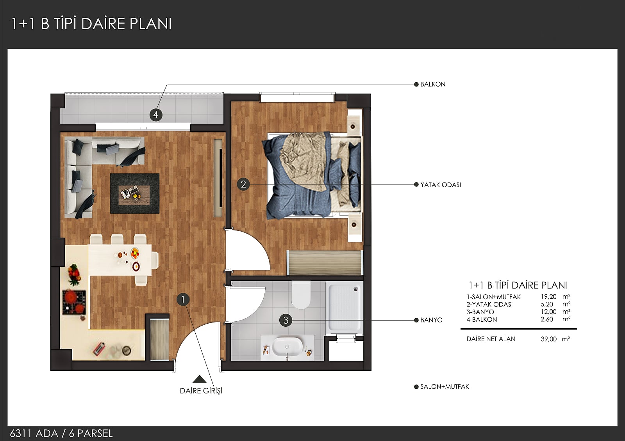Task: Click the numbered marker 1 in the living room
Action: [183, 299]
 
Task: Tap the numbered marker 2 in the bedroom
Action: [243, 184]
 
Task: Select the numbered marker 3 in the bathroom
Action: [286, 320]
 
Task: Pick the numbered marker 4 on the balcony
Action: [156, 115]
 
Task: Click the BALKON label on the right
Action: [433, 84]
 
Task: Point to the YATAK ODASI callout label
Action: [441, 185]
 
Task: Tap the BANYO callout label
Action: [431, 320]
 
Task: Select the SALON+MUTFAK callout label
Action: [445, 387]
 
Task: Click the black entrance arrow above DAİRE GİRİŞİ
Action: [200, 380]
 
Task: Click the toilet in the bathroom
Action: [301, 295]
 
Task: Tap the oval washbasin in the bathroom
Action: [287, 347]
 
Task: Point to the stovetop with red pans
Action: [74, 302]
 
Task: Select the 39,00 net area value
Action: [548, 339]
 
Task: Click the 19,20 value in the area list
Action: [548, 297]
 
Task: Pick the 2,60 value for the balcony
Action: [547, 319]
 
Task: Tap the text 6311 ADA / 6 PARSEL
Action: [61, 434]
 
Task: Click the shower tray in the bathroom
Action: [345, 307]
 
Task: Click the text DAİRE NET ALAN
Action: [491, 339]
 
